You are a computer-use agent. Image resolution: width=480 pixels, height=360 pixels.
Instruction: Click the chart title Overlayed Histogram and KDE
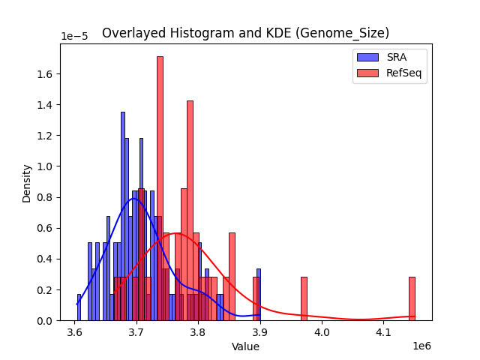point(245,33)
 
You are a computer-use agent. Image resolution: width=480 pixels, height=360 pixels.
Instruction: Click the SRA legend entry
point(396,57)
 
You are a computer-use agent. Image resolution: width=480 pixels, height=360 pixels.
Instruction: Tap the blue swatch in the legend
point(367,57)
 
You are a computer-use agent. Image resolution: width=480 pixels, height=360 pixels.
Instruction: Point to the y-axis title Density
point(27,183)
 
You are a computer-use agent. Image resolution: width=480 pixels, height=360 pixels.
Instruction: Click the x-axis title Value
point(245,346)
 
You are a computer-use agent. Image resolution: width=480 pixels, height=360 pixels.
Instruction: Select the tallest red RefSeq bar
point(160,187)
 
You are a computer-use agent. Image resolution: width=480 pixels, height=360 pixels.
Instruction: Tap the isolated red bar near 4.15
point(412,298)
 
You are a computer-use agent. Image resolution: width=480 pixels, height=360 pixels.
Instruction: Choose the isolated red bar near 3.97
point(304,298)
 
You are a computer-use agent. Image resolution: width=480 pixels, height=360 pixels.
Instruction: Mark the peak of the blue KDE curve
point(134,198)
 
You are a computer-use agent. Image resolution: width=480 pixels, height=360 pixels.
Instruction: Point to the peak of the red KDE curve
point(175,233)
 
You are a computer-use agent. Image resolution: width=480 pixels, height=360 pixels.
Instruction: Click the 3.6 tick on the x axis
point(74,331)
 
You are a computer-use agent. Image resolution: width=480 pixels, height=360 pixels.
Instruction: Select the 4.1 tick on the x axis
point(383,331)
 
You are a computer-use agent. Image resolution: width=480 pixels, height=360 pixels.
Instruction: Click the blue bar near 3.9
point(258,295)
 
